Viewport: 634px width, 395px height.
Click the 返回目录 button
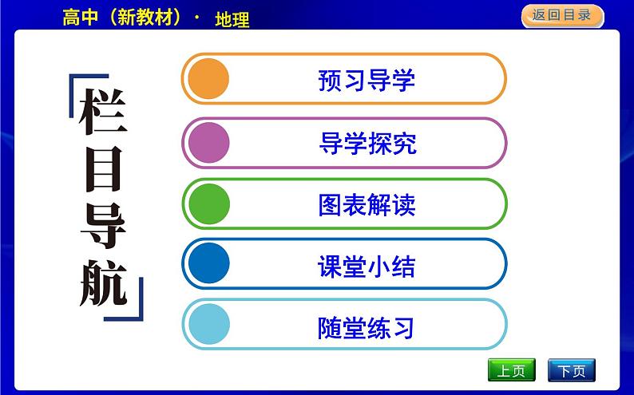(x=561, y=16)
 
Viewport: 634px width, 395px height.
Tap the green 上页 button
(x=511, y=371)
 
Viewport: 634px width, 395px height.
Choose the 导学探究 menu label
(x=367, y=144)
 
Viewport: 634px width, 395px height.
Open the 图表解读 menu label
(x=367, y=205)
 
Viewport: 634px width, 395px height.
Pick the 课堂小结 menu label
(x=367, y=266)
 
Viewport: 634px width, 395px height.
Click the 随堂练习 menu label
(x=367, y=327)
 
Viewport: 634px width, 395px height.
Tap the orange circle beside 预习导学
(x=207, y=79)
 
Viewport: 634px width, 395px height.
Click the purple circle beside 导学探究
(x=207, y=142)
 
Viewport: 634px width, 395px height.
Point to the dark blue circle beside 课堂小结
(x=207, y=263)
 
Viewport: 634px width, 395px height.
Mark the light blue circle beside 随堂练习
(x=207, y=325)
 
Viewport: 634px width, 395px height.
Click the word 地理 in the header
(x=232, y=19)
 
